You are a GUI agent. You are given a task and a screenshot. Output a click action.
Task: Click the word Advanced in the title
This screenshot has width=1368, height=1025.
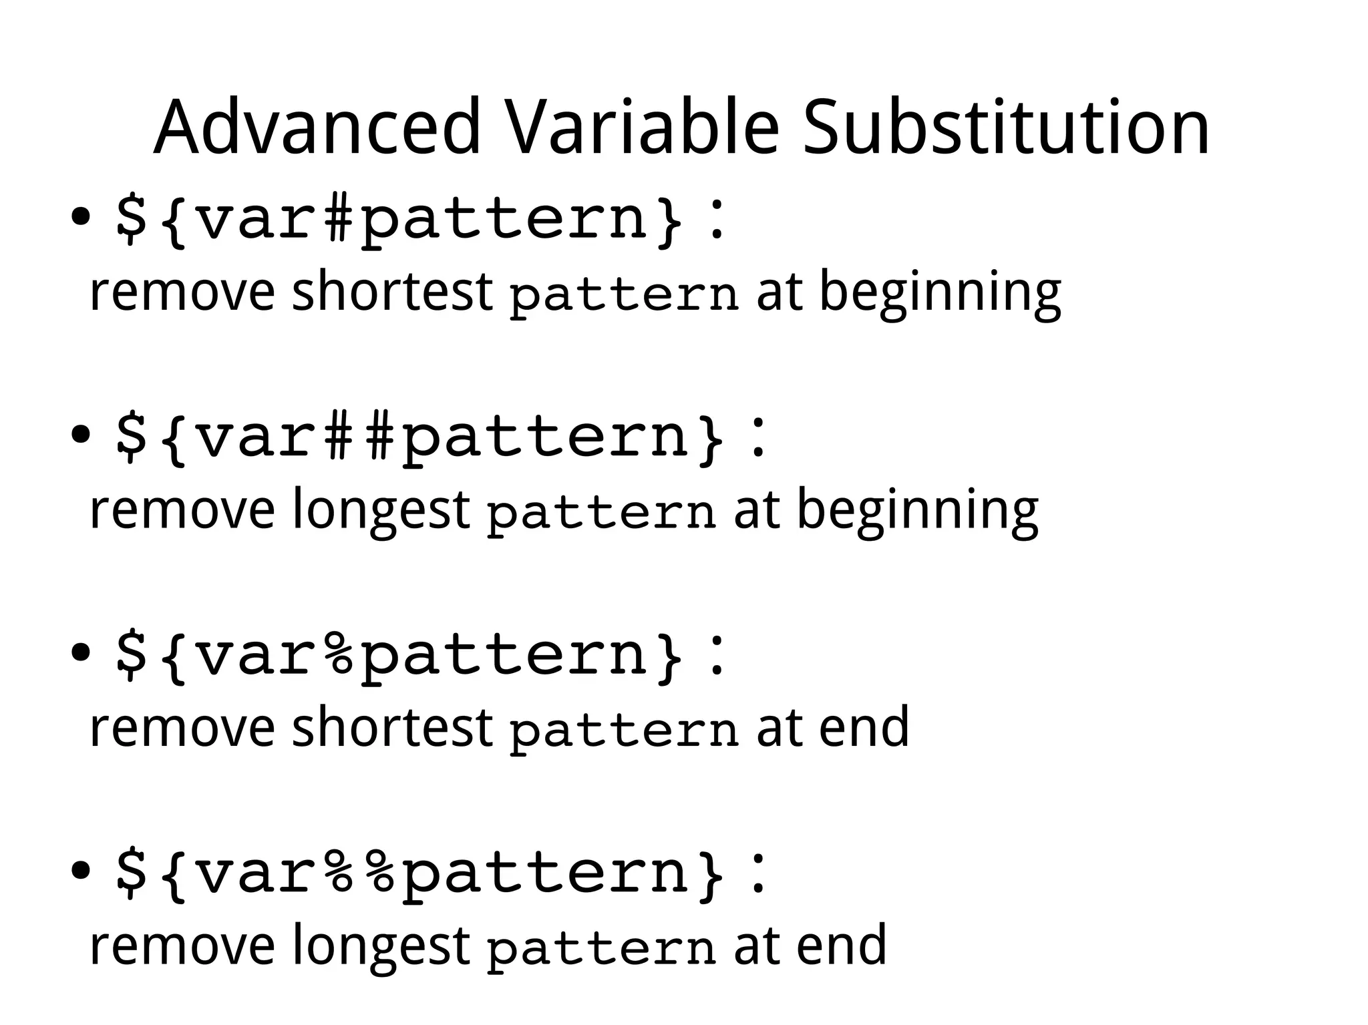click(x=317, y=127)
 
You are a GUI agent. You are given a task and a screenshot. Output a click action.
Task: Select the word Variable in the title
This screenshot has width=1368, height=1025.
click(x=642, y=127)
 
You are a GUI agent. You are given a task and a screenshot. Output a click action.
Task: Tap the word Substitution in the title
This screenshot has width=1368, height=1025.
click(x=1006, y=127)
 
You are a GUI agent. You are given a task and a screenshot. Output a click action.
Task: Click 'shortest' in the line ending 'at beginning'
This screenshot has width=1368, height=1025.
click(x=392, y=292)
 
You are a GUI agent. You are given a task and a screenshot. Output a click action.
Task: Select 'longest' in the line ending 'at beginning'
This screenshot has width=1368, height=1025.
click(x=381, y=511)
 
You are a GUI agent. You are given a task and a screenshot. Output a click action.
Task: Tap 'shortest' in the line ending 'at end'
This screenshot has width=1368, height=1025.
click(x=392, y=727)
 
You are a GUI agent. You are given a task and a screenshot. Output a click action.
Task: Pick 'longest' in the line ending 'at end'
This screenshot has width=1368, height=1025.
click(x=381, y=946)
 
